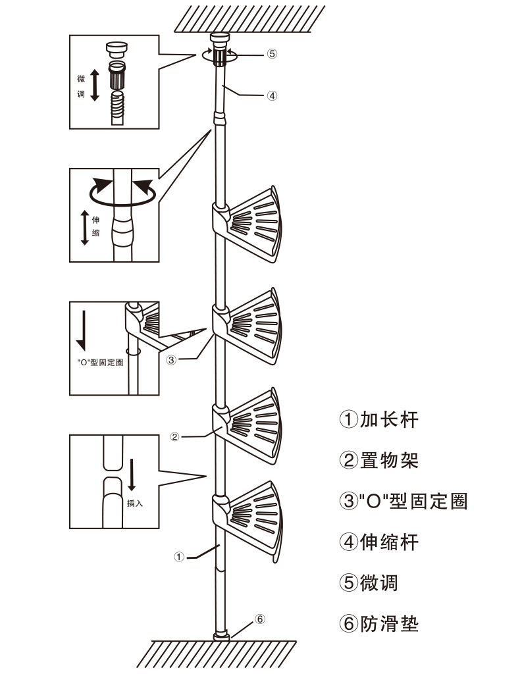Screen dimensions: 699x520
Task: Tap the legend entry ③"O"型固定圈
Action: coord(403,501)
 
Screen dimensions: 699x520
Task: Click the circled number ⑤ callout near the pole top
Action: coord(271,54)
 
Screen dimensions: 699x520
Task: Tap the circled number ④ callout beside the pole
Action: coord(272,95)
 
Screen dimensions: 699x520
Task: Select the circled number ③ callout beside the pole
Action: coord(171,360)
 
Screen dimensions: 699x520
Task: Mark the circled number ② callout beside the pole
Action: coord(174,436)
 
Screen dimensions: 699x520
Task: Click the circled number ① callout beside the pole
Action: coord(178,557)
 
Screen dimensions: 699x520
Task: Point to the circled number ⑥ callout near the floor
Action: coord(260,619)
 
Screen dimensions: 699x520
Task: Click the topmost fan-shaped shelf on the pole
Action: coord(253,220)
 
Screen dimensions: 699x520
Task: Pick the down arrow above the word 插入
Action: coord(132,475)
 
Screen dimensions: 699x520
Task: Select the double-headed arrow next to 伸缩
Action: coord(84,227)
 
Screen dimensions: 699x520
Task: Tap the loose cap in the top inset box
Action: coord(116,49)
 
